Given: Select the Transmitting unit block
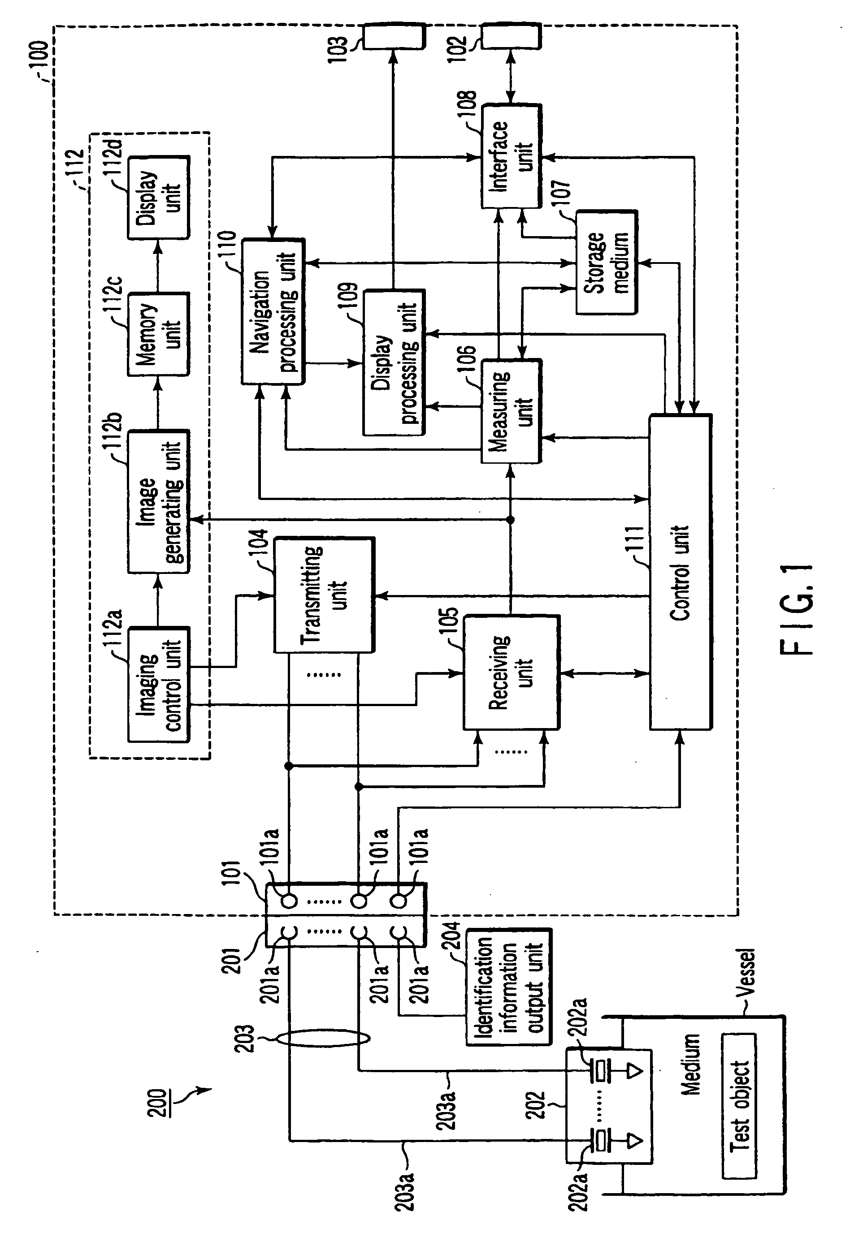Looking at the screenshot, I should tap(324, 595).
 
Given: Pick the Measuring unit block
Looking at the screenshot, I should tap(511, 411).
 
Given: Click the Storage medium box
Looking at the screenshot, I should tap(606, 262).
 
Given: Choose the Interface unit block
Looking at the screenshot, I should tap(511, 156).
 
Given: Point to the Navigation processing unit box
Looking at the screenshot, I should tap(273, 311).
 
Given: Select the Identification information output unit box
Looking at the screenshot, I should tap(508, 987).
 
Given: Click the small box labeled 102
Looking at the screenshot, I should tap(511, 37).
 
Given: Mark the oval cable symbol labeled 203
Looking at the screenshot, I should tap(324, 1038).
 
